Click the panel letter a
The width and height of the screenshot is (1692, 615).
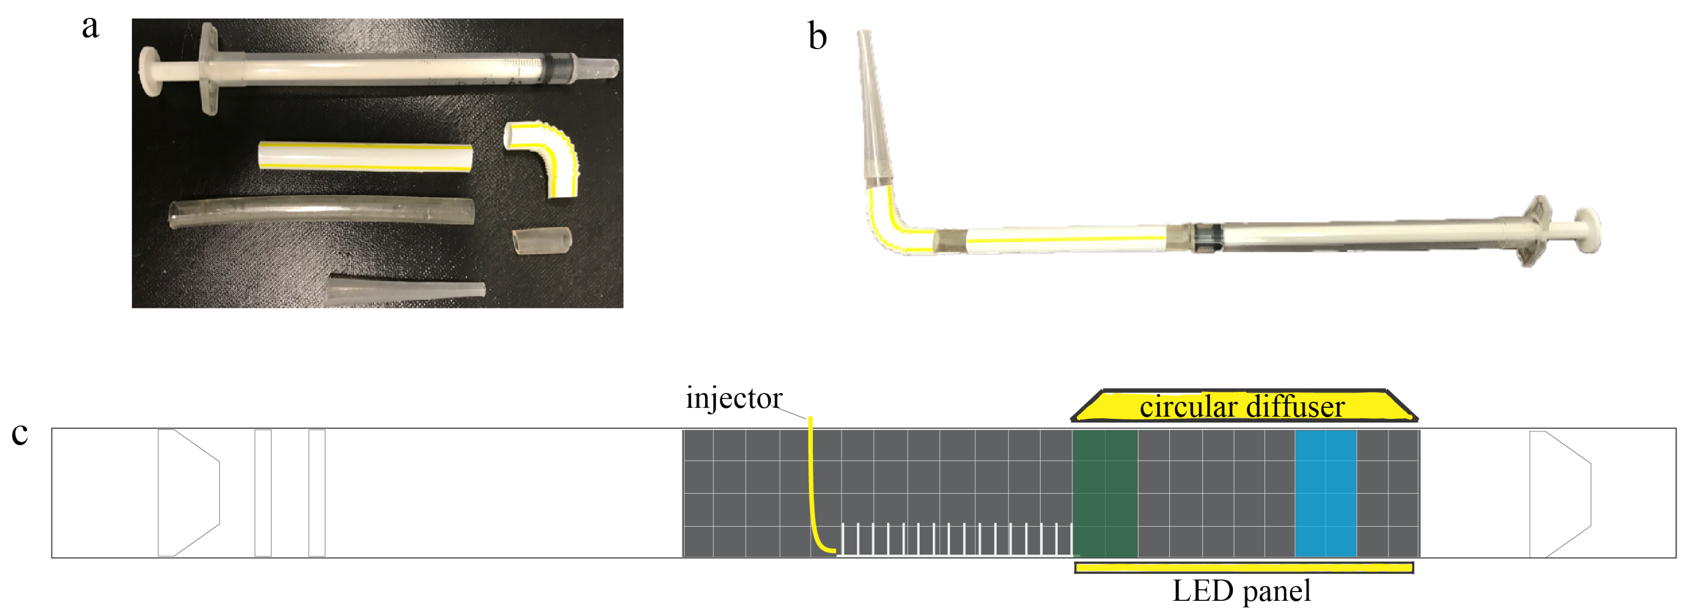[91, 27]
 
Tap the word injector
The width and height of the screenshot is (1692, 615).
[733, 398]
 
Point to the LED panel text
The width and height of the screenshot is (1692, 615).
[1241, 591]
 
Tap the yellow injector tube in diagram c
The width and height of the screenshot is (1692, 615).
[812, 486]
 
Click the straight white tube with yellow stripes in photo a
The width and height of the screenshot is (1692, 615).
[364, 156]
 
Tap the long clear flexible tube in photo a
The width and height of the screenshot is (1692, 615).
[322, 212]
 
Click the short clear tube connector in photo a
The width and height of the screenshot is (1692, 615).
[541, 240]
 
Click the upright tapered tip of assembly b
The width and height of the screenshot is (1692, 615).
[872, 105]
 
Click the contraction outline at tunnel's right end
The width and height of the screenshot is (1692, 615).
[1560, 494]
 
